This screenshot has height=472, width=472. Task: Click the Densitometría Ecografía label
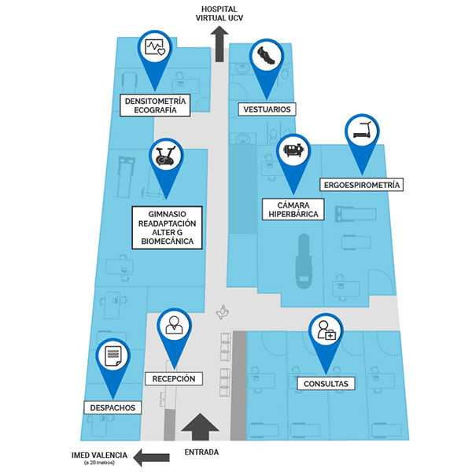[x=156, y=105]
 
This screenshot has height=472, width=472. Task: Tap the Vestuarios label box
[x=267, y=109]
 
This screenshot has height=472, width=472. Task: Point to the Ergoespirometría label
[x=362, y=185]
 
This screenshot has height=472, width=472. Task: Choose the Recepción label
[x=173, y=378]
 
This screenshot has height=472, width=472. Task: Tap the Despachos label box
[x=113, y=407]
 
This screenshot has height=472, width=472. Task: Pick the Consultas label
[x=322, y=384]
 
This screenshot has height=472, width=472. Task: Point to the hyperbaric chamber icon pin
[x=294, y=150]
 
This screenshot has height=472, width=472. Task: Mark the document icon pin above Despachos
[x=113, y=357]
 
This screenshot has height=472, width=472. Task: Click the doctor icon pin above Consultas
[x=324, y=331]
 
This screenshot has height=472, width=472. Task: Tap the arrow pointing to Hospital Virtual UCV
[x=219, y=43]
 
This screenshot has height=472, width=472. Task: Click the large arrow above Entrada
[x=201, y=429]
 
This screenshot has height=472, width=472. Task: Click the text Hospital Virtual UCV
[x=220, y=11]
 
